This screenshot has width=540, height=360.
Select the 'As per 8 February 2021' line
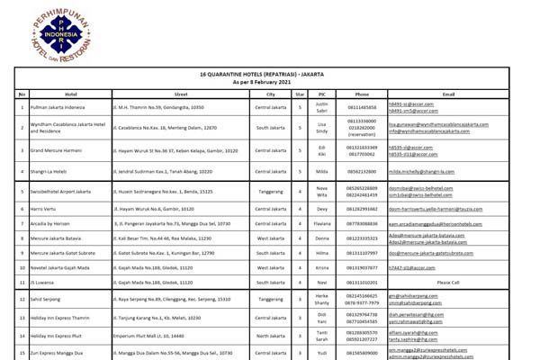pyautogui.click(x=270, y=82)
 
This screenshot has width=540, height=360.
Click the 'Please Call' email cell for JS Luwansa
pyautogui.click(x=448, y=283)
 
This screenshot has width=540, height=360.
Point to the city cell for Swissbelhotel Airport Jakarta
pyautogui.click(x=270, y=191)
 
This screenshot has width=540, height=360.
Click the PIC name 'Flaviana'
pyautogui.click(x=320, y=222)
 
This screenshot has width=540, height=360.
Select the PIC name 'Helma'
pyautogui.click(x=320, y=253)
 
